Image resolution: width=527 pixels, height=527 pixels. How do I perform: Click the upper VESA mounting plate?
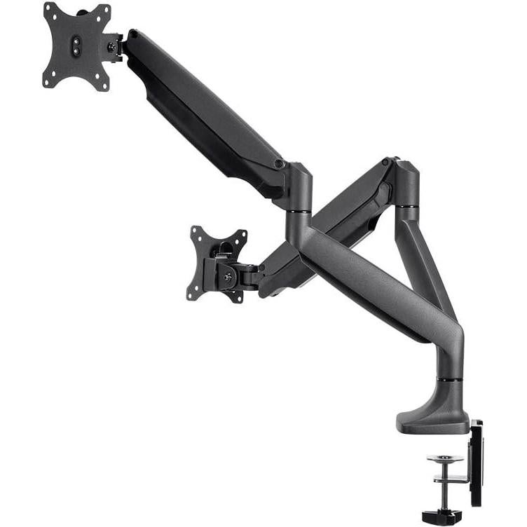[x=77, y=46]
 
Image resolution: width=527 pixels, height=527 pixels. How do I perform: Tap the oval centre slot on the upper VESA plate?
[x=78, y=43]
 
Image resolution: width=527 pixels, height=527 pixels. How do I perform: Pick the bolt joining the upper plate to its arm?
[x=112, y=47]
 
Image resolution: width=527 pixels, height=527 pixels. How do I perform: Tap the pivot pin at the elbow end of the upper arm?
[x=279, y=164]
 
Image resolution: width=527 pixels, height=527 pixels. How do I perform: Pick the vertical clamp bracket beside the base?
[x=476, y=463]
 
